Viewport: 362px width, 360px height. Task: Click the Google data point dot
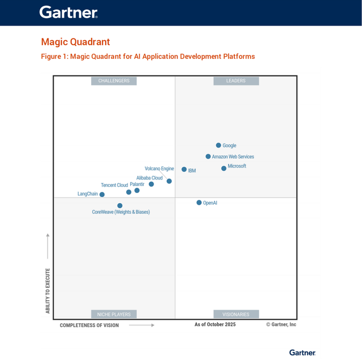tap(218, 145)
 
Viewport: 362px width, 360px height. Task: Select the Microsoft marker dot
tap(224, 168)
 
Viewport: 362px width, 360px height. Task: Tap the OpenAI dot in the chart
tap(199, 203)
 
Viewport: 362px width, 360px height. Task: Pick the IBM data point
tap(184, 169)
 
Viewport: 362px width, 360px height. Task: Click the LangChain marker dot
tap(102, 194)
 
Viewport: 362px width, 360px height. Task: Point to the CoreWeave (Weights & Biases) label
tap(121, 212)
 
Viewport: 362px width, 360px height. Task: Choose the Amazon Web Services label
tap(233, 157)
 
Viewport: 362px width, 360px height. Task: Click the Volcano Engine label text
tap(160, 169)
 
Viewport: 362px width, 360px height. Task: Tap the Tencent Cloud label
tap(114, 185)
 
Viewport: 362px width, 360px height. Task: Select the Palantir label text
tap(137, 184)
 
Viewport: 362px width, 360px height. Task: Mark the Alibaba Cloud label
tap(149, 178)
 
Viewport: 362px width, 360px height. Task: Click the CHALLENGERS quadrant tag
tap(114, 81)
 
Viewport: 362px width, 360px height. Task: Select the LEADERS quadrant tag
tap(236, 81)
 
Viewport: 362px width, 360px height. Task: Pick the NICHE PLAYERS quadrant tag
tap(114, 314)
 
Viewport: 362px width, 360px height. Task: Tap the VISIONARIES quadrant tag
tap(236, 314)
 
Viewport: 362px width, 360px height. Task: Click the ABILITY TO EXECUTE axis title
tap(48, 291)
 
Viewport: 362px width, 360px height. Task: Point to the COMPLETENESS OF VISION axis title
tap(89, 325)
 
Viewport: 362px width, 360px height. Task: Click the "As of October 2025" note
tap(215, 324)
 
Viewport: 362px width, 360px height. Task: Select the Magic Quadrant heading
tap(75, 42)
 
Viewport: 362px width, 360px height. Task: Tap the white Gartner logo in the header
tap(68, 12)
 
